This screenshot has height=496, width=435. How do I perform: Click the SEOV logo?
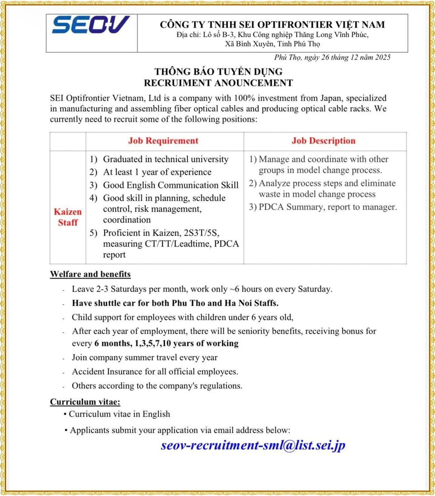91,25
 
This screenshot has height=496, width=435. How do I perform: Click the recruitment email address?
253,445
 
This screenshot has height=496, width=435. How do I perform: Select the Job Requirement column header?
163,141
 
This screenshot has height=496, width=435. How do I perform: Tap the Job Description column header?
323,141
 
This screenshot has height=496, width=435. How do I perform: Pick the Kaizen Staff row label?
68,217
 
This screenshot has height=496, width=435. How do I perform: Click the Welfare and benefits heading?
90,274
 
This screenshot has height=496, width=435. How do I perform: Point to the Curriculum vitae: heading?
85,402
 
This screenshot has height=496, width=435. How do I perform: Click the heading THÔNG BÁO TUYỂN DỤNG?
218,72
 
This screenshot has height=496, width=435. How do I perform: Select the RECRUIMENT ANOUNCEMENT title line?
218,83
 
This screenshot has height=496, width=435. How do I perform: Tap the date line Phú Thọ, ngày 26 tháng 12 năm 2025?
332,57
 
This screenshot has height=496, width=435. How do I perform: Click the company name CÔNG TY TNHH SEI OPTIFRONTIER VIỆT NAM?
272,25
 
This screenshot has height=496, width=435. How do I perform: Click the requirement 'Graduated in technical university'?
166,159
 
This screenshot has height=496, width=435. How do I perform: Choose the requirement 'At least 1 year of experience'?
157,172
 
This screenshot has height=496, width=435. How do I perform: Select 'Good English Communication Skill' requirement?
171,185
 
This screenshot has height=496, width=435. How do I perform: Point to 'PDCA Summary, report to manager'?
327,207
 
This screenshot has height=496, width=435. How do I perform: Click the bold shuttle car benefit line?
175,303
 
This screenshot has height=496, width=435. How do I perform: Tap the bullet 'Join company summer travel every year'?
144,357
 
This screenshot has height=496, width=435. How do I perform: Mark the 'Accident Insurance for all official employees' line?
155,372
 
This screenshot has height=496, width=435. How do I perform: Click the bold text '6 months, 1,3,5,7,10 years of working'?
166,343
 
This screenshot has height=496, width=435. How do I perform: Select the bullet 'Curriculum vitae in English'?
119,414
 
